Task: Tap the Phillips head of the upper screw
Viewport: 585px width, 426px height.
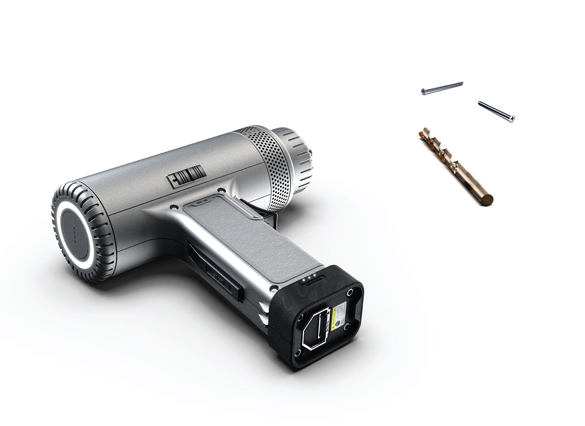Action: click(x=424, y=91)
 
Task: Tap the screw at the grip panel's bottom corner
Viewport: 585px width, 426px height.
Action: click(x=275, y=288)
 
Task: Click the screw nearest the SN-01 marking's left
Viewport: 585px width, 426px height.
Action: click(x=173, y=206)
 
